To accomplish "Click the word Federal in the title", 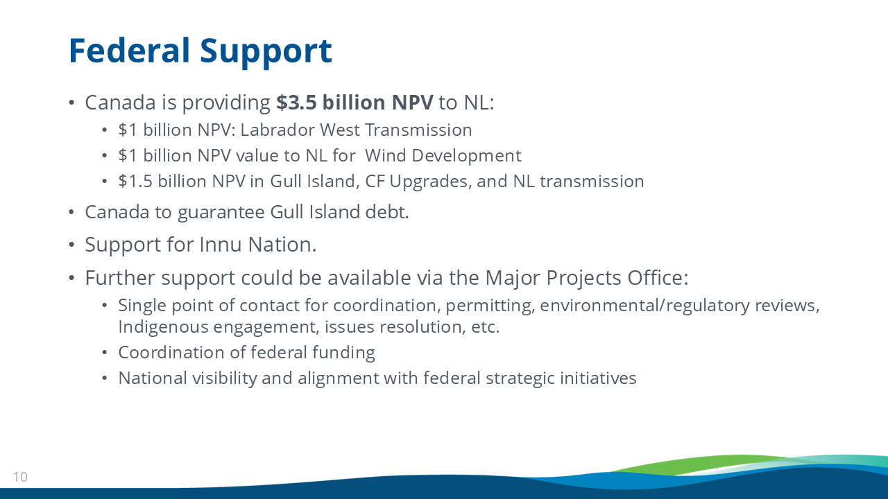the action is coord(129,51).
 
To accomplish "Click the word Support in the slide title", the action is coord(266,52).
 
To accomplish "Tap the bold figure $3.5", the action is coord(296,102).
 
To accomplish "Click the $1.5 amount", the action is coord(135,182).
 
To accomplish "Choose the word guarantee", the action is coord(221,213).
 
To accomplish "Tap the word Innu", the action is coord(220,245).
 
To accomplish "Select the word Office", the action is coord(657,278).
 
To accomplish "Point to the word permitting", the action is coord(490,306).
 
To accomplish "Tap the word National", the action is coord(153,378).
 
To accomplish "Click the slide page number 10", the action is coord(20,477).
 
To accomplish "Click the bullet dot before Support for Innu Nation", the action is coord(71,245).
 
